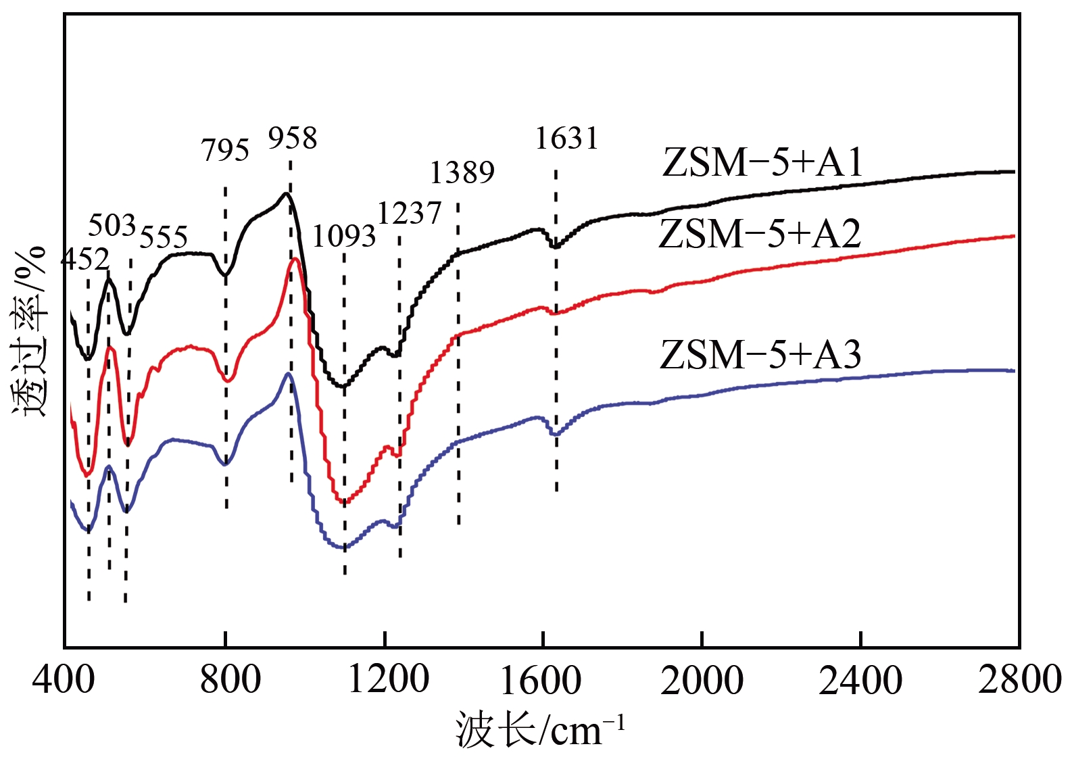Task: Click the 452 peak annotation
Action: [x=85, y=260]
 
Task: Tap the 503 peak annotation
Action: [x=112, y=225]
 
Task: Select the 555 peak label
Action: [x=164, y=237]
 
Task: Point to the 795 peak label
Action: [x=225, y=150]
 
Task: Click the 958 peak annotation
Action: [x=293, y=139]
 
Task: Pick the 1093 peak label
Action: [x=343, y=237]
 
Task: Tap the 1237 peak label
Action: [x=409, y=214]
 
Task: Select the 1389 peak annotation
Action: [x=462, y=173]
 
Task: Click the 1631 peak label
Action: [x=566, y=139]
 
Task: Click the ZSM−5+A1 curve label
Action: [x=763, y=163]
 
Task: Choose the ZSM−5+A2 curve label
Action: [x=760, y=235]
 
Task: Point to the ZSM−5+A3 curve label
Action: [x=760, y=355]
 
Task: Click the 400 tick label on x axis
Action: [x=64, y=680]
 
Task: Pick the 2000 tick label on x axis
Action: [x=702, y=680]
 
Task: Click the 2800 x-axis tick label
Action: [x=1019, y=680]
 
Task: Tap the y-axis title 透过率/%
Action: [x=28, y=331]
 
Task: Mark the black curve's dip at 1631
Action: [x=556, y=247]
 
